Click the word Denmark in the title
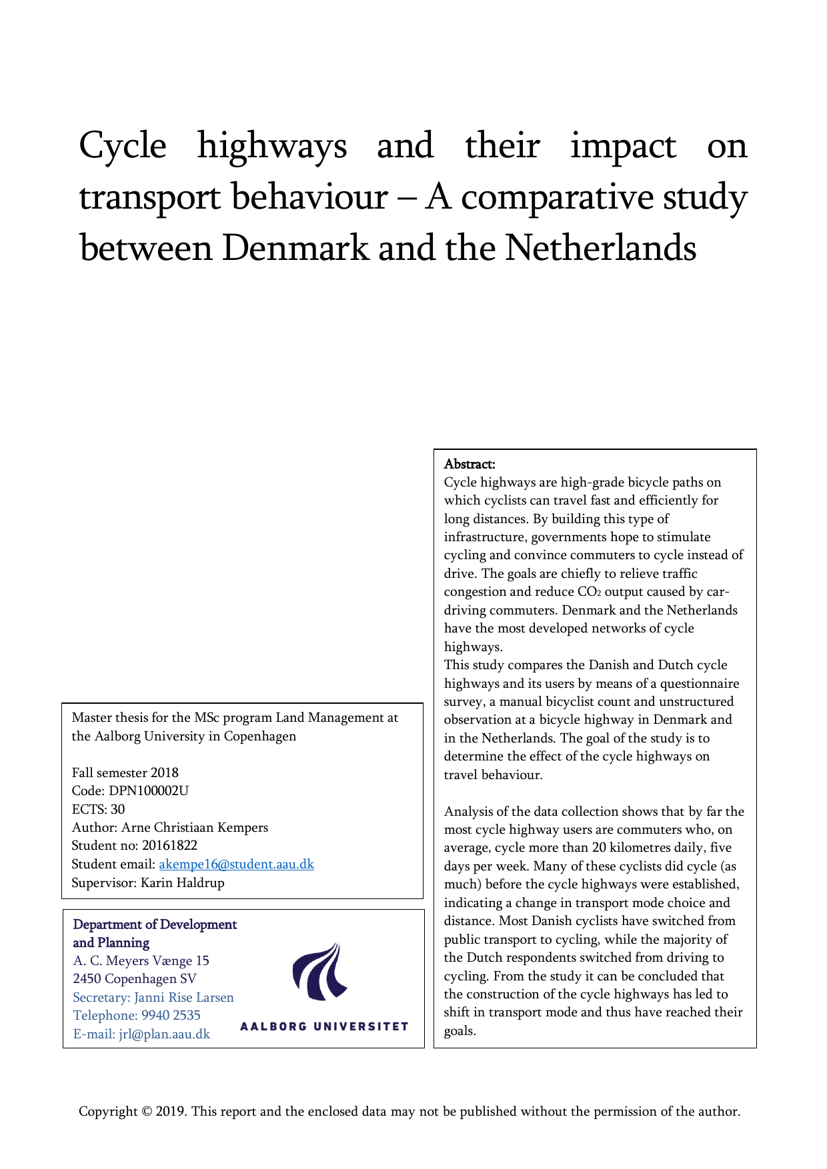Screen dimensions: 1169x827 point(295,249)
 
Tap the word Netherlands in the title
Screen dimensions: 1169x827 point(600,249)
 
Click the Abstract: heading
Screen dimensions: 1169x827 point(470,464)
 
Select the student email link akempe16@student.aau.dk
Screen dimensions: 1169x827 point(236,864)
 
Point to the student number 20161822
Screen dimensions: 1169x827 point(169,846)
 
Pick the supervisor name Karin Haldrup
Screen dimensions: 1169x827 point(182,882)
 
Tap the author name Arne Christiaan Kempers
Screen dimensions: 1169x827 point(195,828)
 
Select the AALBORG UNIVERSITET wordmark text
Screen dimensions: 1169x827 point(324,1026)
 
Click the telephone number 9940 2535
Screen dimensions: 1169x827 point(171,1016)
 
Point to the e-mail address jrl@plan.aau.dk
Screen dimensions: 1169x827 point(164,1034)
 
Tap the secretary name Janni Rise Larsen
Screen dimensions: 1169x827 point(184,998)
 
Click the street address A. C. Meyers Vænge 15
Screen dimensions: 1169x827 point(141,961)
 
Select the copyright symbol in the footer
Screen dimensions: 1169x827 point(147,1112)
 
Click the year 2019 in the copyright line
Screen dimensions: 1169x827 point(172,1112)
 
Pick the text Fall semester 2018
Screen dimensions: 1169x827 point(125,773)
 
